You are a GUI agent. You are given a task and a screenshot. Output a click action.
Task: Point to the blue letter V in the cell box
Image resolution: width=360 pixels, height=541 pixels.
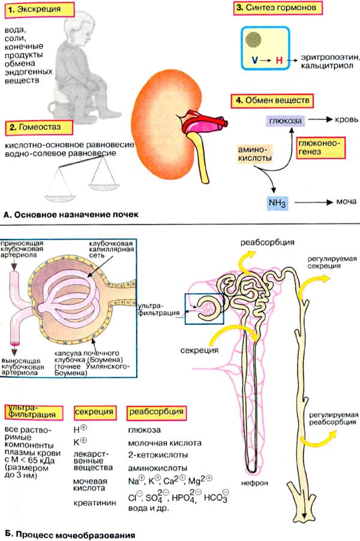pos(255,61)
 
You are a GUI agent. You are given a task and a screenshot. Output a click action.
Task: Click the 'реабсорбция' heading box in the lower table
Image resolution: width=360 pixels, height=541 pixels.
pos(155,412)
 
